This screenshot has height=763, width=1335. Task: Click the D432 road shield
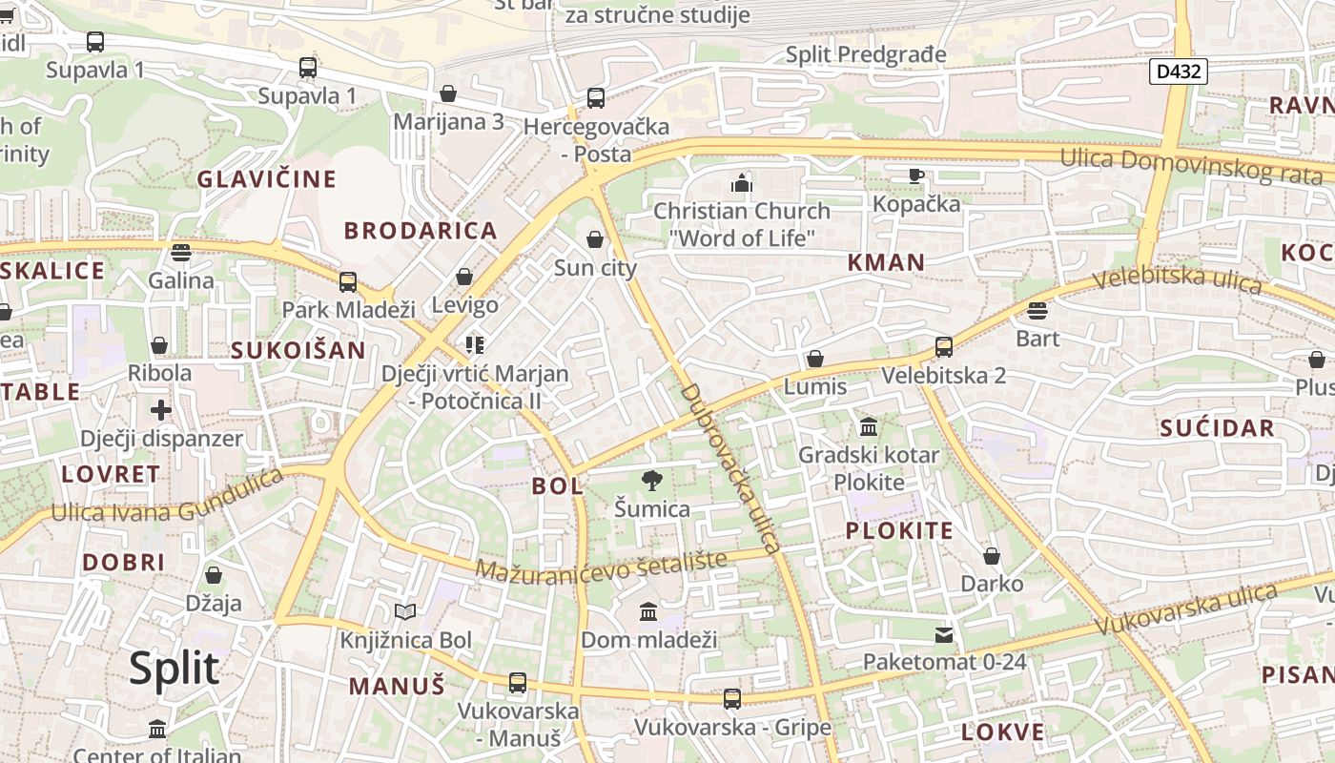point(1179,71)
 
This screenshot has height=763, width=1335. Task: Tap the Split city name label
point(174,669)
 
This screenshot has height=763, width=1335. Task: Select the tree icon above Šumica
point(652,480)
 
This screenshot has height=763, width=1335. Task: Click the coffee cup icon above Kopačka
point(916,175)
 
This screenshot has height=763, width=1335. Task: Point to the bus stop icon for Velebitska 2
point(944,346)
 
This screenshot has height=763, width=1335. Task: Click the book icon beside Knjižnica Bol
point(405,611)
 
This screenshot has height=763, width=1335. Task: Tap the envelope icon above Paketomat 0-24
point(944,634)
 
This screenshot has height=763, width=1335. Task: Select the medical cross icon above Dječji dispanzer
point(161,410)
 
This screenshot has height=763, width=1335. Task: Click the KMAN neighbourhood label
point(886,262)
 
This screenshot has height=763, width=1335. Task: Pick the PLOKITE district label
point(899,531)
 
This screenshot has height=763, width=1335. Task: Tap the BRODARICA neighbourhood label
point(421,231)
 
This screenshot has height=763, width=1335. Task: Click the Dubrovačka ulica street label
point(730,468)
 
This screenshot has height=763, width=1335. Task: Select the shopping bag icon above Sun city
point(595,239)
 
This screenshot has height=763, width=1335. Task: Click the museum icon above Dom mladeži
point(648,611)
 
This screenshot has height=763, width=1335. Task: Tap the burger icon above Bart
point(1037,310)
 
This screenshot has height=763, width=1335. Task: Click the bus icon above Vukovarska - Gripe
point(731,699)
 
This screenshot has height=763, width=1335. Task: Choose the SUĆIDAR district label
point(1218,428)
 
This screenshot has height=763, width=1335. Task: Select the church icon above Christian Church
point(742,182)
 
